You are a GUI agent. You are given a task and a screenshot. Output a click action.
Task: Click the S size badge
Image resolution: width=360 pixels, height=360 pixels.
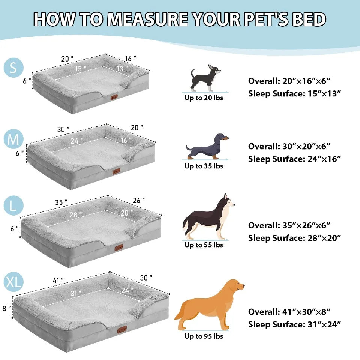[13, 68]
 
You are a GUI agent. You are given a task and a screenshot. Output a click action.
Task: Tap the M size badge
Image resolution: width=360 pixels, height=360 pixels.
[13, 139]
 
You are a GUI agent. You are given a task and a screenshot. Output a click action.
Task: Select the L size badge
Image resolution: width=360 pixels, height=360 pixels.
[13, 205]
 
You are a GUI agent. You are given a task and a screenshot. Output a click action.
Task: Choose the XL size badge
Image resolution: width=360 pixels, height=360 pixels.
[13, 282]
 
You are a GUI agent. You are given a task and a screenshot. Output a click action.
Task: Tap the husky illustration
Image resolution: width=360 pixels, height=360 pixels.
[208, 217]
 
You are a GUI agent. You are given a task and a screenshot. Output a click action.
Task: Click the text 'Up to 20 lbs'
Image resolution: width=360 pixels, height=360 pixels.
[204, 98]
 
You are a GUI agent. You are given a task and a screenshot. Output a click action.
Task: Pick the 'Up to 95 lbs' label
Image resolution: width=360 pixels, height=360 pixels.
[204, 336]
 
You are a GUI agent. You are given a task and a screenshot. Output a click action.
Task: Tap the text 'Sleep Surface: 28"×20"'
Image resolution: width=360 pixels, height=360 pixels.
[294, 238]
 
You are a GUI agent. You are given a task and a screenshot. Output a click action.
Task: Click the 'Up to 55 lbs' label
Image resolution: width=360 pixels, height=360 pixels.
[204, 245]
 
